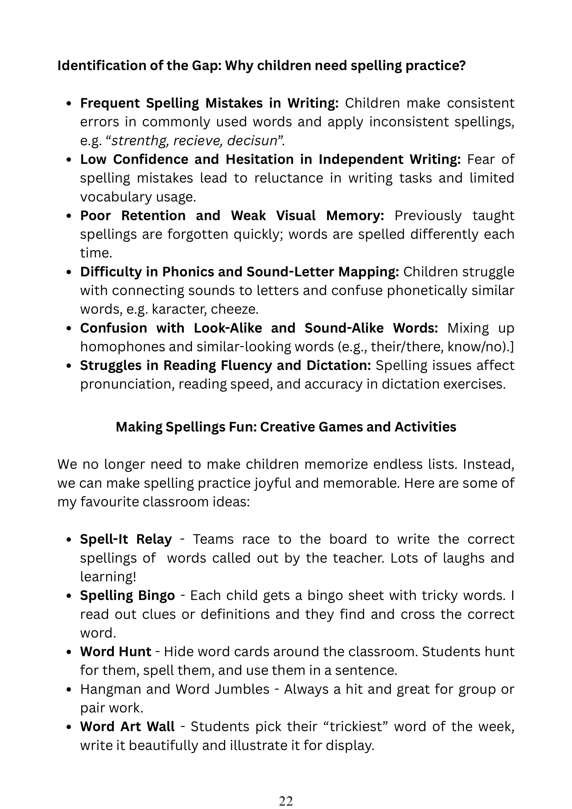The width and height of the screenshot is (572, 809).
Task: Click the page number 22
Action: [286, 801]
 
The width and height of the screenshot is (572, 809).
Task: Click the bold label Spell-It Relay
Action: [126, 539]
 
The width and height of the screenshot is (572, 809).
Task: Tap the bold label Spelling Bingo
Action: [127, 596]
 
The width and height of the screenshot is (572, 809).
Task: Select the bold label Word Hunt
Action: [115, 652]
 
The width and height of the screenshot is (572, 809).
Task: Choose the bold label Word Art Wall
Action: [127, 726]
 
